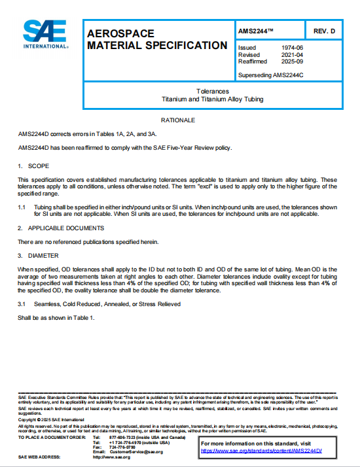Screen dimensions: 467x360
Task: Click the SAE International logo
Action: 45,35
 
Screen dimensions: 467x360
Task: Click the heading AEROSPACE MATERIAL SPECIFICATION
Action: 157,39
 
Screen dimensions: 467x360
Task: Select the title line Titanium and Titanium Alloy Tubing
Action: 212,99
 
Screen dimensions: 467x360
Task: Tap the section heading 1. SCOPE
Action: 33,166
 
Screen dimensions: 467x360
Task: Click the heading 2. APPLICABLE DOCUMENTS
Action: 61,228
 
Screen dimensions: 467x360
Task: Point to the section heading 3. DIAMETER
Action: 39,255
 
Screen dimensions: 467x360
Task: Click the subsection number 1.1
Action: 22,206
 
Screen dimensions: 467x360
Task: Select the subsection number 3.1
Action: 22,304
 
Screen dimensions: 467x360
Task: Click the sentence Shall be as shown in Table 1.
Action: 56,318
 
